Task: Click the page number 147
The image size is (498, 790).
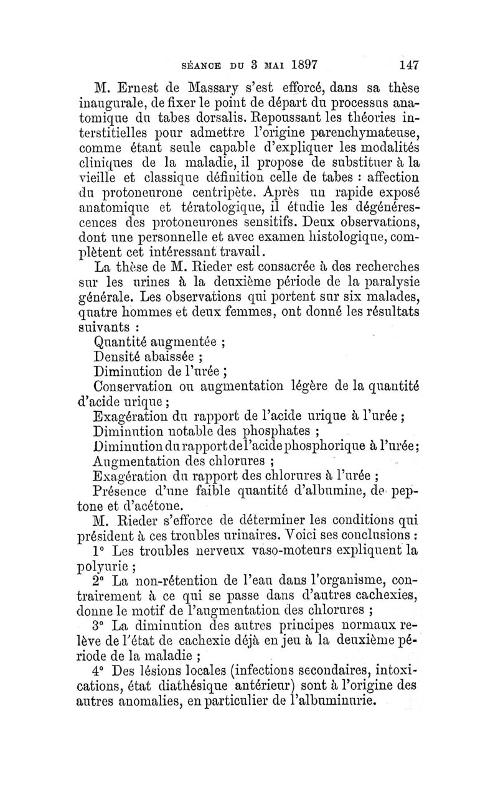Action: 406,65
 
